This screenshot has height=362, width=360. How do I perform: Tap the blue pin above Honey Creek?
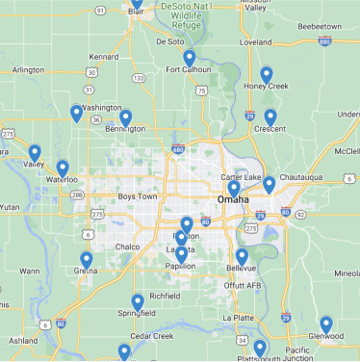click(267, 75)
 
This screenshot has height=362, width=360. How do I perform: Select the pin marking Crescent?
click(270, 117)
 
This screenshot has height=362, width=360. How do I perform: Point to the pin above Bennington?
click(125, 118)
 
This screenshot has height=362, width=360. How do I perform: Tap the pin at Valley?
click(35, 152)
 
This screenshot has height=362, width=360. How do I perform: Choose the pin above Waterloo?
click(63, 168)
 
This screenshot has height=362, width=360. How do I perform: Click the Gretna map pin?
click(87, 260)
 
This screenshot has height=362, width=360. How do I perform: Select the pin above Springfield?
click(138, 302)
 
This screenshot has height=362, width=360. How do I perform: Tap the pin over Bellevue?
click(242, 256)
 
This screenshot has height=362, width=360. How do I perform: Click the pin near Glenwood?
click(326, 324)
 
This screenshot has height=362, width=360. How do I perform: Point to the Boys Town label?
click(137, 196)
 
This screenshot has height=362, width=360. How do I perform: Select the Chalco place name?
click(127, 246)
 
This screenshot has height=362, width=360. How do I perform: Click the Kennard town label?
click(103, 57)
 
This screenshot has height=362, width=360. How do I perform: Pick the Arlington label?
click(28, 70)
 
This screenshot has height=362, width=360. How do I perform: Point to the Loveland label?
click(256, 43)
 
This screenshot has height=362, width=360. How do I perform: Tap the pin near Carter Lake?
click(269, 184)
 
